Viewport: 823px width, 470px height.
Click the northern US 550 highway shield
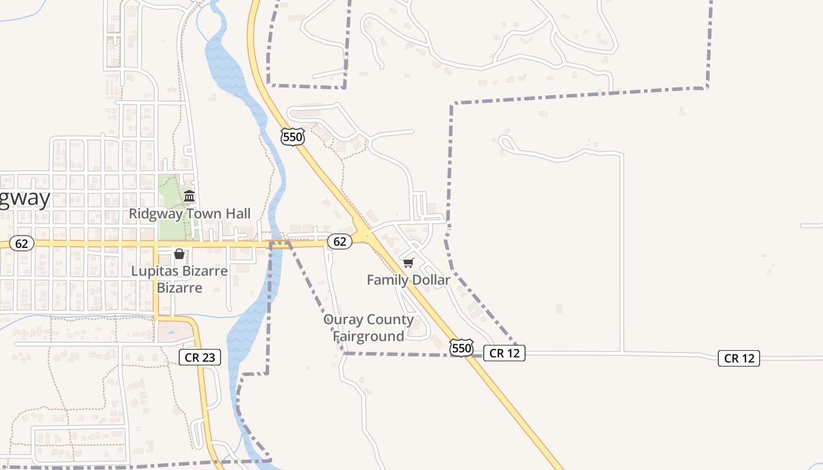click(293, 137)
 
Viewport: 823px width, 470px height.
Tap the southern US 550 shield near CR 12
click(461, 348)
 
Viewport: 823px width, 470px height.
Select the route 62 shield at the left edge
click(22, 243)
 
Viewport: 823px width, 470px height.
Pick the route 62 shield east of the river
click(339, 241)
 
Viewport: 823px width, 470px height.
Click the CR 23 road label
click(200, 357)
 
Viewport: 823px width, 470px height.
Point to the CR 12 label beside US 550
click(504, 352)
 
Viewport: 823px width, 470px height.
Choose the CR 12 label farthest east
click(739, 358)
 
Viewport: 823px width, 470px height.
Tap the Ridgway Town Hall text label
click(189, 214)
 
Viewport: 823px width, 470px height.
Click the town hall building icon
click(189, 196)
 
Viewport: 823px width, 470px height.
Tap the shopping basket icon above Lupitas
click(179, 254)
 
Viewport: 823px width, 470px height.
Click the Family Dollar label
click(409, 280)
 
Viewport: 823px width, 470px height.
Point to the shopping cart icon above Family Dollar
click(409, 263)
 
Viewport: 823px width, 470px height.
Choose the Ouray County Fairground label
click(369, 328)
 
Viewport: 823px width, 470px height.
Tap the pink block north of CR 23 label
click(175, 332)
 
